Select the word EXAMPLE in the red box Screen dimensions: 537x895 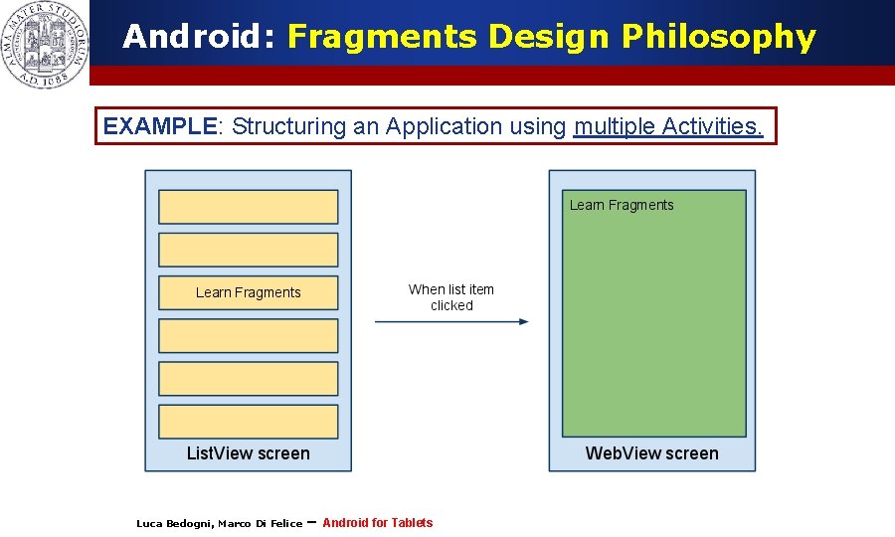click(x=160, y=126)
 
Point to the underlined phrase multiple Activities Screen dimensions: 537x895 click(x=668, y=126)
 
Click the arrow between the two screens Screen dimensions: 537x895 click(x=451, y=321)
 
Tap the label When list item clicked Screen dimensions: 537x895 click(x=451, y=297)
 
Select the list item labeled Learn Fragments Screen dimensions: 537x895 click(x=248, y=292)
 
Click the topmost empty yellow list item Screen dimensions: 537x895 click(x=248, y=207)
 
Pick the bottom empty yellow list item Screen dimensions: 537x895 click(x=248, y=422)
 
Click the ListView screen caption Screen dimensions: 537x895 click(x=248, y=453)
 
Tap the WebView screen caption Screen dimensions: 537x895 click(x=651, y=453)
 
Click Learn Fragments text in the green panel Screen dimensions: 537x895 click(x=622, y=205)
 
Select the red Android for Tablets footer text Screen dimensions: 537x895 click(x=378, y=523)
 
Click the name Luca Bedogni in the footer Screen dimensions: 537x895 click(x=174, y=524)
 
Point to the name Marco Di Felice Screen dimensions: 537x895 click(x=260, y=524)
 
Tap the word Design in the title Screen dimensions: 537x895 click(x=551, y=37)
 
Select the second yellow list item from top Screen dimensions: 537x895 click(x=248, y=250)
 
